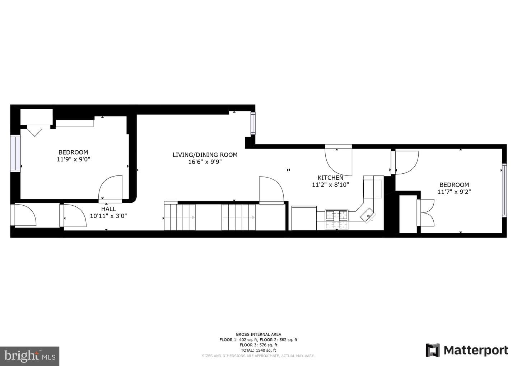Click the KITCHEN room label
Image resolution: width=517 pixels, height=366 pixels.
coord(330,178)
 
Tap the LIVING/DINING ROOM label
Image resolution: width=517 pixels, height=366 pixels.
coord(205,155)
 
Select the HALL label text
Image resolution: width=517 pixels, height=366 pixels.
coord(108,209)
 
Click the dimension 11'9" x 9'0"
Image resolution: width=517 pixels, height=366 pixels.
coord(73,159)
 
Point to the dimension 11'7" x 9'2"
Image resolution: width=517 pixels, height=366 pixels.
coord(454,192)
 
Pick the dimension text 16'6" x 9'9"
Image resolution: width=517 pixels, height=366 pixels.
coord(205,162)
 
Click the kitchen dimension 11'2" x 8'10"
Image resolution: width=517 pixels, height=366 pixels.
coord(330,184)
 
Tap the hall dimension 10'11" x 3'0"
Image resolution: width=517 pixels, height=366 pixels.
coord(108,216)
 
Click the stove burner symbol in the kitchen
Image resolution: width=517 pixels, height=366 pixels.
coord(336,215)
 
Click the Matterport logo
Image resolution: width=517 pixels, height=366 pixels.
coord(467,350)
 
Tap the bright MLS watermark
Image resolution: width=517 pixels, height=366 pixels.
coord(29,356)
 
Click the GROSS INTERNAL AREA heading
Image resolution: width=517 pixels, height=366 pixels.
coord(258,334)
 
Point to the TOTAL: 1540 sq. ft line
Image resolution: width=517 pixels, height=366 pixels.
coord(258,350)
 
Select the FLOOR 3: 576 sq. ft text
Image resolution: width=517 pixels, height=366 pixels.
coord(258,345)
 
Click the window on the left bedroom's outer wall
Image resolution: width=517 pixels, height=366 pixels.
coord(15,154)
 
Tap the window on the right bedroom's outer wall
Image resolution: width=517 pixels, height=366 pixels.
coord(504,190)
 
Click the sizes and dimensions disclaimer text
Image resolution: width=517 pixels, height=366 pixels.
coord(258,356)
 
